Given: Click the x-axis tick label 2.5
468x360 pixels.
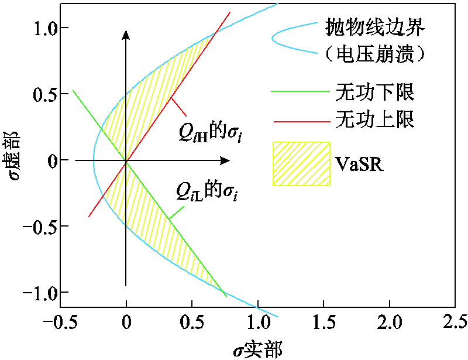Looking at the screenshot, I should (454, 321).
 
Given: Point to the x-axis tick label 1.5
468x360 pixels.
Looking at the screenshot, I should (322, 321).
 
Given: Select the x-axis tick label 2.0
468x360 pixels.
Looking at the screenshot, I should (388, 321).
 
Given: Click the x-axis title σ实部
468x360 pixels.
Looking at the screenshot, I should (257, 349).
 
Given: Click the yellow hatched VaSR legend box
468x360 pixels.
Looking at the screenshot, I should (301, 163).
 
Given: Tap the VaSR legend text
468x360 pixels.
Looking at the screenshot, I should (360, 163).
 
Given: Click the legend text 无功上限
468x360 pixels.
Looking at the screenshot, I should (375, 120).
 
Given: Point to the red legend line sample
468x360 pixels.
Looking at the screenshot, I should (300, 121).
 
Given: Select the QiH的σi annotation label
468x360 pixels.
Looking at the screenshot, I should (210, 134).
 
